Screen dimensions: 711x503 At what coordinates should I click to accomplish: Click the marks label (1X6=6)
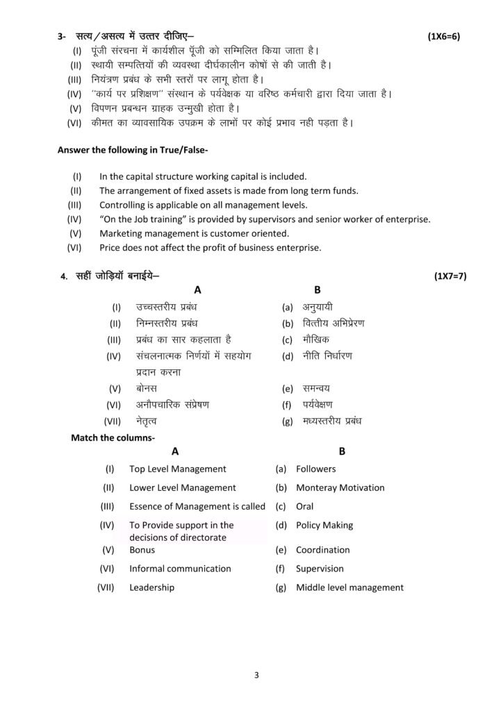[445, 36]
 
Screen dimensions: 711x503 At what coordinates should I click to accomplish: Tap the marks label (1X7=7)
[450, 276]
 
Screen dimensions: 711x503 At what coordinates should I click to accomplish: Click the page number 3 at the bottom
[256, 674]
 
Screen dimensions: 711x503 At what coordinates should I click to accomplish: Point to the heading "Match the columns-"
[113, 437]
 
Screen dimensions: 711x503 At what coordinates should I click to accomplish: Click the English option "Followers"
[315, 469]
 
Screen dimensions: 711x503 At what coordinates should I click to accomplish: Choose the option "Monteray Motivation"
[340, 487]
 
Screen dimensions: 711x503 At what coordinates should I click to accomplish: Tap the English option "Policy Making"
[324, 525]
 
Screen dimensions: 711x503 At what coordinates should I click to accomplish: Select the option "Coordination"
[322, 550]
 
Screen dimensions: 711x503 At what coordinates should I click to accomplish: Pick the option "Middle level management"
[349, 587]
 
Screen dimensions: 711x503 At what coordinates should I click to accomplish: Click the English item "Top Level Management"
[178, 469]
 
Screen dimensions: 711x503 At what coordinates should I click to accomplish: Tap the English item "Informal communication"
[180, 569]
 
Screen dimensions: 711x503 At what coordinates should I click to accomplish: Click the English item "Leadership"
[151, 587]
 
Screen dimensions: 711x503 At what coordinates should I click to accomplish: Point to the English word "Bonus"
[142, 550]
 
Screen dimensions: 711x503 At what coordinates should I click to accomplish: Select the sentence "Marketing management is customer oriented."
[194, 233]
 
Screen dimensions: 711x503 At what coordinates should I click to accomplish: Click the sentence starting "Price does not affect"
[210, 247]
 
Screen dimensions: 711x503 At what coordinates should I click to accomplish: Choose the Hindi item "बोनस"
[147, 389]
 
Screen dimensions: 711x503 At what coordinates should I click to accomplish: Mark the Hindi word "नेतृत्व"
[147, 421]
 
